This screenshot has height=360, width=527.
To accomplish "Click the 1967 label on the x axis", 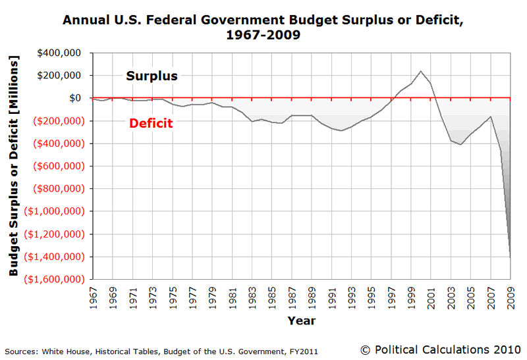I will click(93, 294).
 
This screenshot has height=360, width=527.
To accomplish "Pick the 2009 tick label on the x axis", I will click(511, 294).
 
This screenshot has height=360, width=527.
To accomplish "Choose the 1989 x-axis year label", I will click(312, 294).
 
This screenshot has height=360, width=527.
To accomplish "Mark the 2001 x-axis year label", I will click(431, 294).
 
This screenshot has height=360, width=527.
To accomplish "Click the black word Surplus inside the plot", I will click(152, 76).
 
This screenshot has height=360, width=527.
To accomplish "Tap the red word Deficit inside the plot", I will click(151, 123).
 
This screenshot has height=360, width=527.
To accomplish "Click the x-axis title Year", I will click(301, 321).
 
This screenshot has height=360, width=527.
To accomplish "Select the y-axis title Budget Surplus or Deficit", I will click(14, 166).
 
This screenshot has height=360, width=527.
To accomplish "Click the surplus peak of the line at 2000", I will click(421, 71).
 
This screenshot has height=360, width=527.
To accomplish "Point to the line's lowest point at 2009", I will click(511, 257).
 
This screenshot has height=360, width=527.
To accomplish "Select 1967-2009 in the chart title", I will click(263, 35).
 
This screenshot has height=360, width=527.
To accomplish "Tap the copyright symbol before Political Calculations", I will click(366, 348).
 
